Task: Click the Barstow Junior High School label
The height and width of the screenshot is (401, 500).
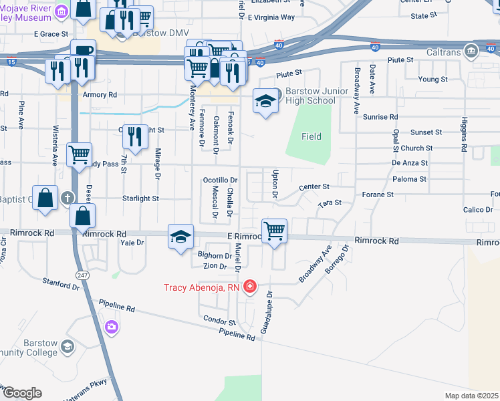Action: pos(310,96)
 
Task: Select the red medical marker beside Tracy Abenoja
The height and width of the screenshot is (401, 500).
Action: pos(250,287)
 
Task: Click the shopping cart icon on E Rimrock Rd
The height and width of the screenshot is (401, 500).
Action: pos(275,231)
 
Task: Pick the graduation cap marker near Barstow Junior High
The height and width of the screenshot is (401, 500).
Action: pos(265,102)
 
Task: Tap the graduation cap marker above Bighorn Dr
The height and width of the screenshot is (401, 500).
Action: pos(180,237)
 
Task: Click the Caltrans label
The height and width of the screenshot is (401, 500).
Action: pos(443,51)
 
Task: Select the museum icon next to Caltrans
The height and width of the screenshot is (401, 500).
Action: pos(472,51)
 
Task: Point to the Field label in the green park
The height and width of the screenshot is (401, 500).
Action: pos(311,136)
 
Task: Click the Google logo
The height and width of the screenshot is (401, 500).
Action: pos(22,393)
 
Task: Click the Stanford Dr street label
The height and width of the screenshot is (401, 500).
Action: pos(61,284)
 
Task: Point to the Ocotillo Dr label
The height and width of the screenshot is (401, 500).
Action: pos(220,180)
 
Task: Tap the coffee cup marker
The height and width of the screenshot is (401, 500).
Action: pos(83,51)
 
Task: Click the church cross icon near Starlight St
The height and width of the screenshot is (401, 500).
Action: pos(68,198)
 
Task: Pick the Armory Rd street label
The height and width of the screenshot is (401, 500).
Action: pos(100,95)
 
